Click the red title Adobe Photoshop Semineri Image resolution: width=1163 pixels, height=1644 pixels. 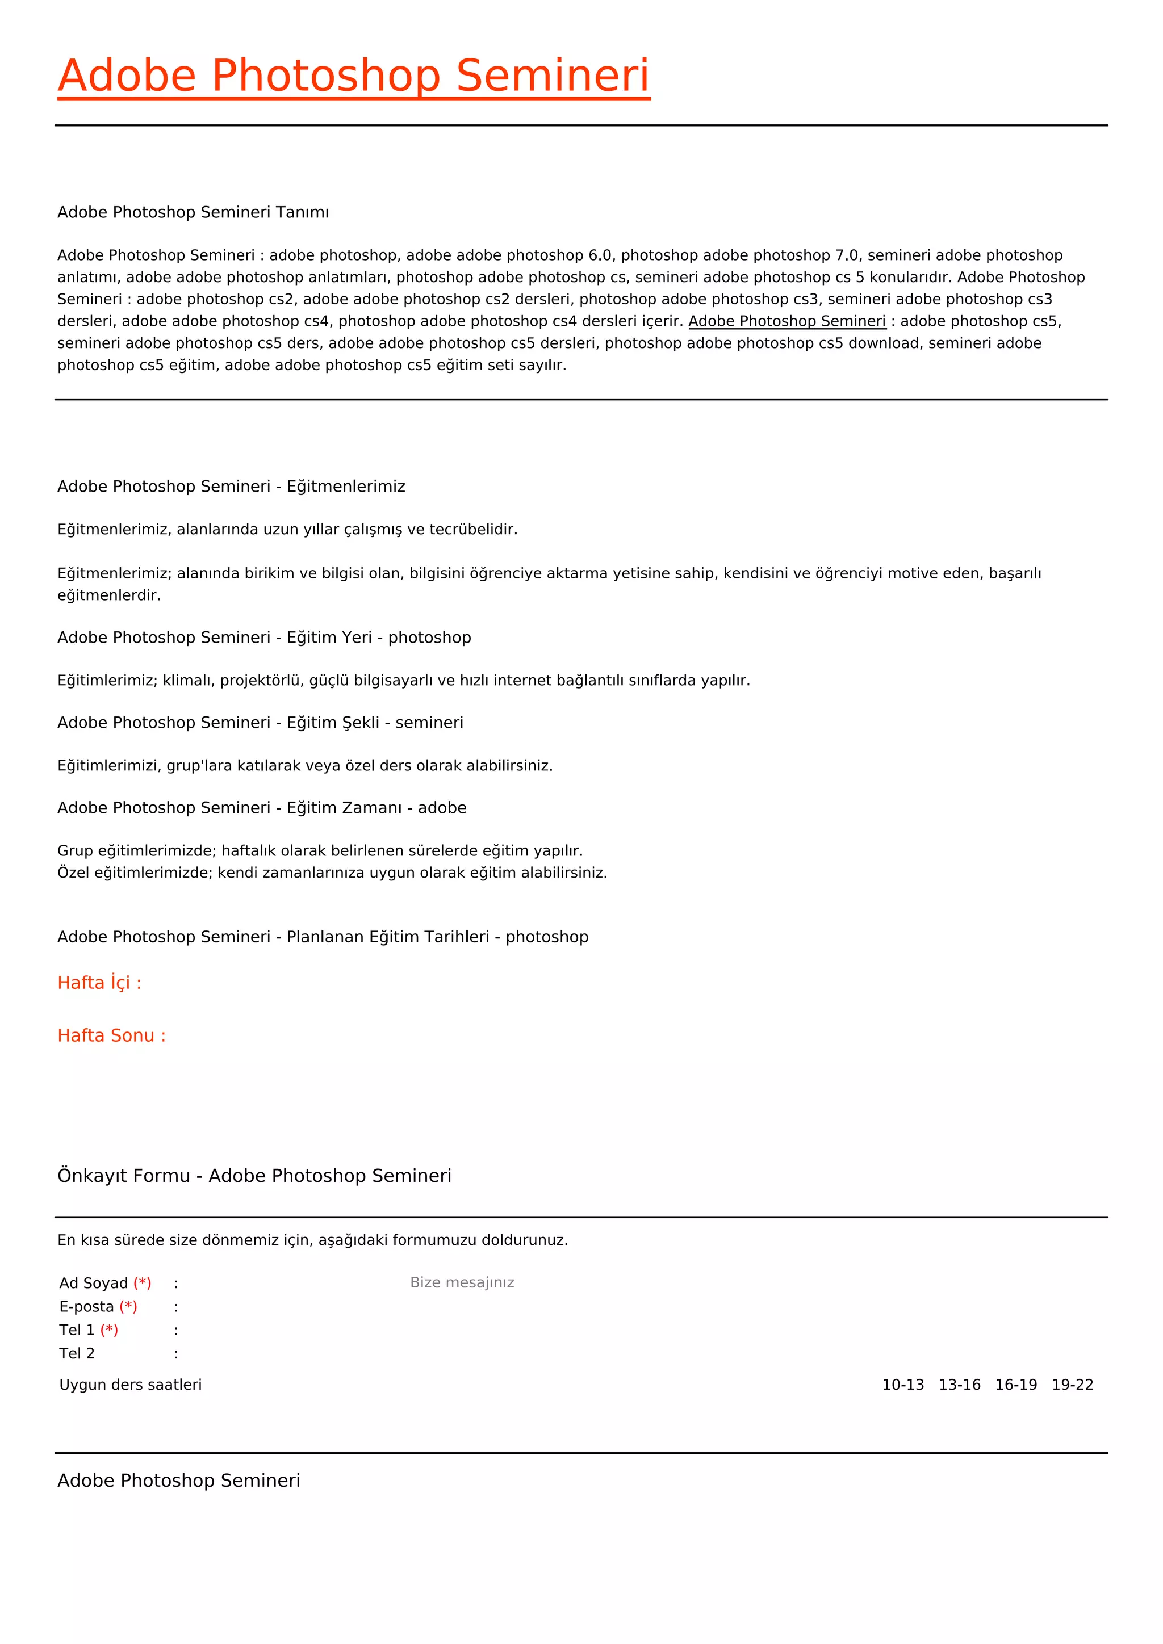click(354, 76)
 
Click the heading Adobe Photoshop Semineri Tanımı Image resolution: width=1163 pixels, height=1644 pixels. click(193, 213)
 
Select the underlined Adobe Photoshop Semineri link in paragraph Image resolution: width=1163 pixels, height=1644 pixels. click(787, 321)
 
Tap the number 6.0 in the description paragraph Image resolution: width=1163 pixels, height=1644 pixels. click(600, 255)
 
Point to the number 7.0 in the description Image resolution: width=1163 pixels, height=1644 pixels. click(847, 255)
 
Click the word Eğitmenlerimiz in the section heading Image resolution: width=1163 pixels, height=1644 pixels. click(346, 487)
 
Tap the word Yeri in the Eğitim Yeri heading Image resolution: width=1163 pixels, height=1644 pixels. click(357, 638)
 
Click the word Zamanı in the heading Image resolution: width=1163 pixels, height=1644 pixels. click(372, 808)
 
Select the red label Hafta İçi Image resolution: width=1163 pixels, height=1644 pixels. click(99, 983)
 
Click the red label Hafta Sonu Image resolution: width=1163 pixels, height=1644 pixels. click(111, 1036)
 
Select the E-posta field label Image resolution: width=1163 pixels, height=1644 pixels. click(87, 1307)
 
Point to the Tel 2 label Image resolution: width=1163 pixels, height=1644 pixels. click(77, 1354)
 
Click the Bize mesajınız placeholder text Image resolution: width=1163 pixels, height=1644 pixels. click(462, 1282)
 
